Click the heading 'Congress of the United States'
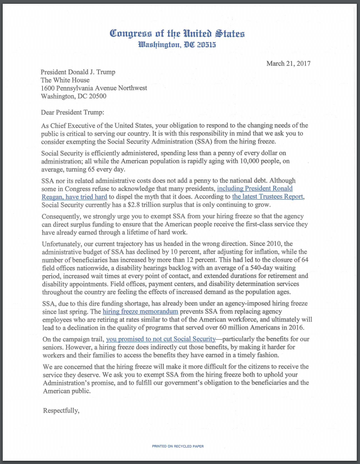click(x=177, y=33)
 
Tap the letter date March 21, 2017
click(x=288, y=63)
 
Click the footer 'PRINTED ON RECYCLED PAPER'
click(x=178, y=446)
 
